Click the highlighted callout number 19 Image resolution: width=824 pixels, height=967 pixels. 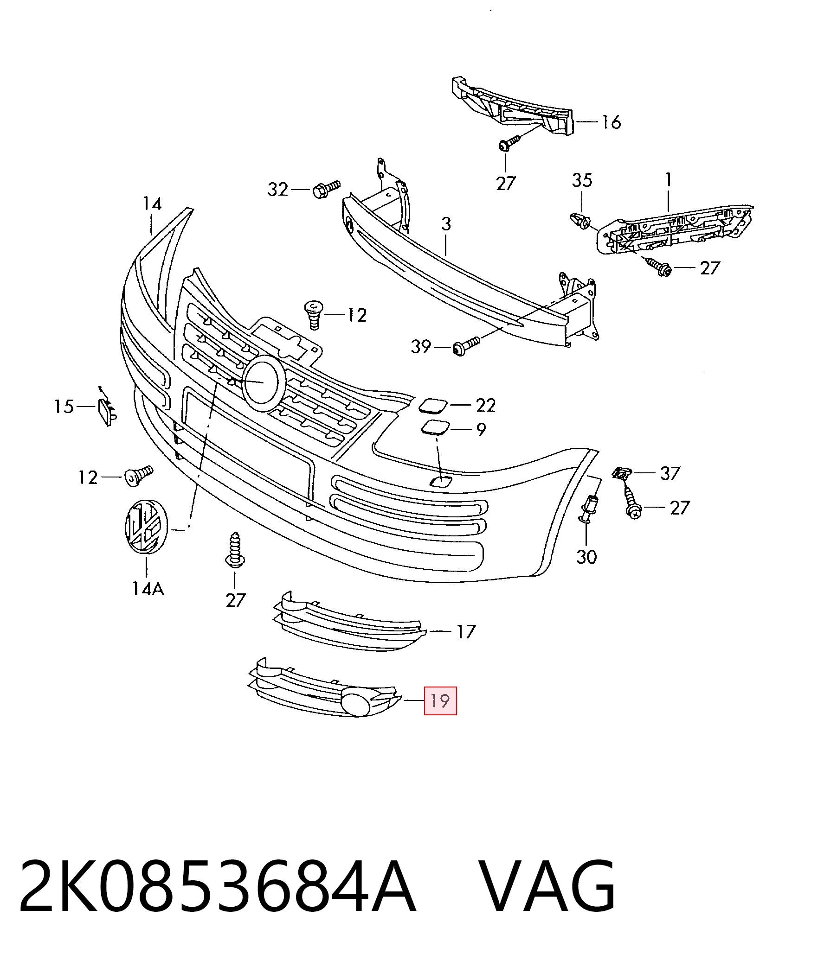tap(440, 700)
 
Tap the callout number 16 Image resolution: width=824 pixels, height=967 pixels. tap(611, 122)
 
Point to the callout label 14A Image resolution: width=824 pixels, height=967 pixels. tap(148, 590)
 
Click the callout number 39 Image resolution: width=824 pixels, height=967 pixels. tap(421, 347)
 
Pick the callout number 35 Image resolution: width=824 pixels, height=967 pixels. tap(582, 180)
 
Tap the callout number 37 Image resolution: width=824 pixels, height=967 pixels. tap(670, 473)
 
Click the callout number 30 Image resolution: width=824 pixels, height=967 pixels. tap(587, 557)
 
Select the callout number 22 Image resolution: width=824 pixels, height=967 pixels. tap(486, 406)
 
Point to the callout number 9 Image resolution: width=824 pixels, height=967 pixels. tap(481, 429)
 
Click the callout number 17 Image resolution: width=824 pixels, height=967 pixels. tap(466, 631)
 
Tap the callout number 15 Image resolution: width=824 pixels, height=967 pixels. tap(64, 407)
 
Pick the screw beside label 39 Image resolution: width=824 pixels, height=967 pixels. tap(466, 346)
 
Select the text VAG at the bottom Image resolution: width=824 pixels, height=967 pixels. tap(547, 885)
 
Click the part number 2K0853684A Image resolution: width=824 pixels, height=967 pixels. tap(217, 885)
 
